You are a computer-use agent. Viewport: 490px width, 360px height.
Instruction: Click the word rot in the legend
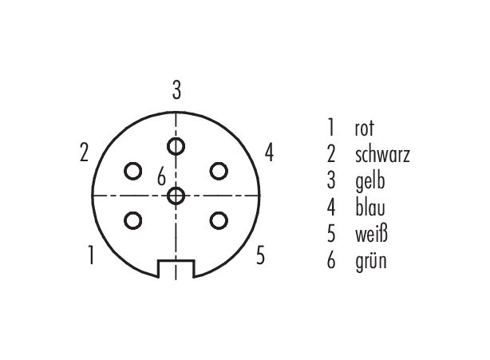coord(364,129)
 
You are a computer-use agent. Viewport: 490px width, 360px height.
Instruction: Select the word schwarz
coord(382,155)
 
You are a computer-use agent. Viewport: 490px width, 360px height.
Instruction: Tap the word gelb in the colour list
coord(370,181)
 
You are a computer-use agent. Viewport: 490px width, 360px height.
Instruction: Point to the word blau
coord(370,208)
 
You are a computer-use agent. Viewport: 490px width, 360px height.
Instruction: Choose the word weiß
coord(371,234)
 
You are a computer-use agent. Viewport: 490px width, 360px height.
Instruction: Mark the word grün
coord(371,261)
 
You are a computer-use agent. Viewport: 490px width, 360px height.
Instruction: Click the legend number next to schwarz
coord(331,155)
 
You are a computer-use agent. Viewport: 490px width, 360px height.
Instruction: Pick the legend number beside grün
coord(331,261)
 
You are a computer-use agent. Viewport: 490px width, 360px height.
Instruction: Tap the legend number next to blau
coord(331,208)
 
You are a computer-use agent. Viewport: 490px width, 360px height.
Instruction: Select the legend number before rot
coord(331,129)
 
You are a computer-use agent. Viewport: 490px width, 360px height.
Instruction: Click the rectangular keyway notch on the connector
coord(176,269)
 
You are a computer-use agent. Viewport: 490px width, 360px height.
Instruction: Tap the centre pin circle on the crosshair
coord(176,196)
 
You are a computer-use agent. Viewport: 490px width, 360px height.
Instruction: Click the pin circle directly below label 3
coord(176,146)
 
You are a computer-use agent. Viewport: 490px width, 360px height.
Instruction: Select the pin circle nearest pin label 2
coord(133,172)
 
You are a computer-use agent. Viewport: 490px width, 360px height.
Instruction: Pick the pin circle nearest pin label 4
coord(219,172)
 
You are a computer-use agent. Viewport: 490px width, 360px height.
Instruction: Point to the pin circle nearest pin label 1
coord(133,220)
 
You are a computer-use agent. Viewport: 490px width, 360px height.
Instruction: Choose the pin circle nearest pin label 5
coord(219,220)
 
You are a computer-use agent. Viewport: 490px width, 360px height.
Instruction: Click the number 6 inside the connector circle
coord(161,176)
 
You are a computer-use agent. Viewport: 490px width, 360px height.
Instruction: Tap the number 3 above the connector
coord(176,91)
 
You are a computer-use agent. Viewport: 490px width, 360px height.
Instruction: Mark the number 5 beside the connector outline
coord(261,255)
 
